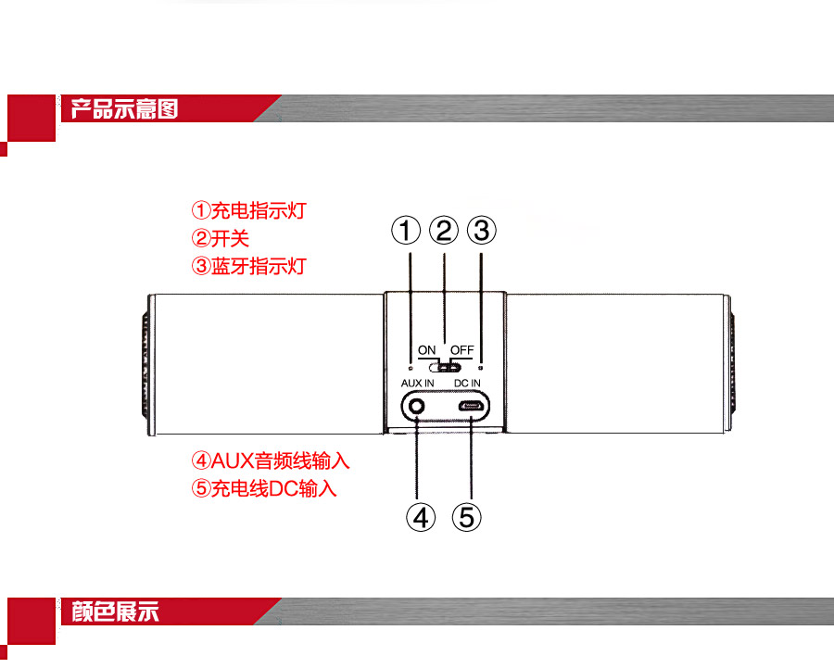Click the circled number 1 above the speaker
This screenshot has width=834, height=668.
(406, 230)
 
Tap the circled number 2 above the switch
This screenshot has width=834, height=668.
(445, 230)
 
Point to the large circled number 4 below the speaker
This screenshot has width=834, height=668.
(421, 516)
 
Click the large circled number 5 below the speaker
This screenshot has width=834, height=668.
(468, 516)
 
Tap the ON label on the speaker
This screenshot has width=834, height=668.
(426, 350)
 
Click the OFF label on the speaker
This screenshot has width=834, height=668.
(462, 350)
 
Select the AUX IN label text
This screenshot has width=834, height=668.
(417, 383)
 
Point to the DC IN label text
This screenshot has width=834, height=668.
(467, 383)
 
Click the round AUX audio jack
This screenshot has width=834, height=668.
(418, 406)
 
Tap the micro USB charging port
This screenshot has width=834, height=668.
(471, 406)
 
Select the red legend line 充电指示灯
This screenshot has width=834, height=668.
(247, 210)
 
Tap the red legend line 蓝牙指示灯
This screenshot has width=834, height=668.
(247, 266)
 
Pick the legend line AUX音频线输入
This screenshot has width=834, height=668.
(271, 460)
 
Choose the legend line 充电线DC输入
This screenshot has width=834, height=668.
(263, 488)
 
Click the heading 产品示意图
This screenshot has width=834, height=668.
(124, 109)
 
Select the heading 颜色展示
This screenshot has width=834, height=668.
(115, 611)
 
